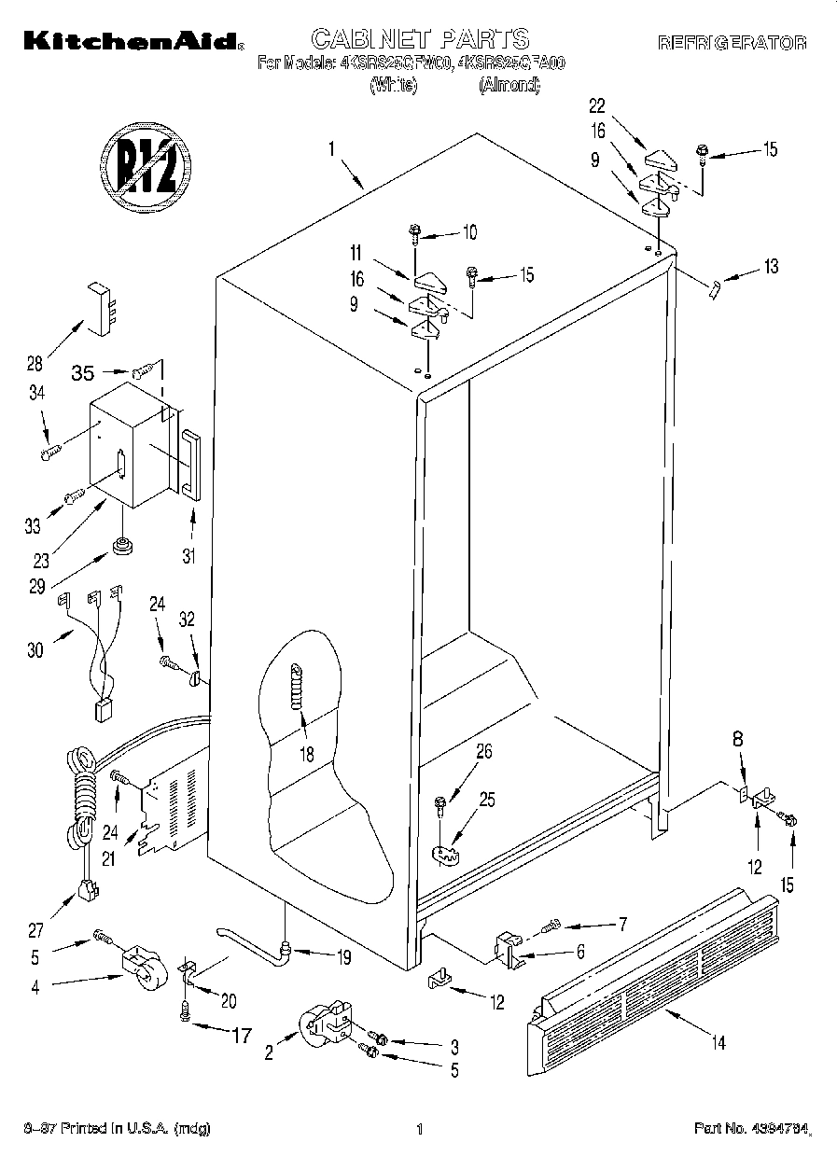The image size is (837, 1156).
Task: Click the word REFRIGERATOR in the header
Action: [732, 43]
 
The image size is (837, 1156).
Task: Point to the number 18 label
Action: [307, 755]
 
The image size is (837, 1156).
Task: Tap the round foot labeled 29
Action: [120, 544]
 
